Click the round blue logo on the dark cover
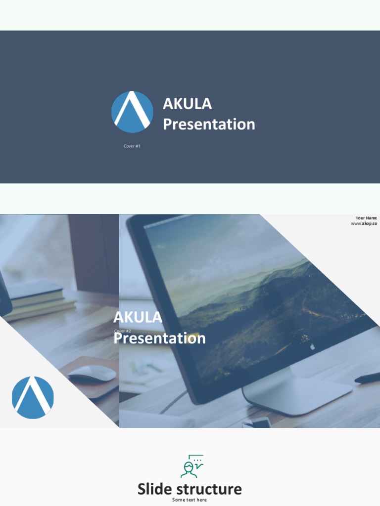click(x=132, y=112)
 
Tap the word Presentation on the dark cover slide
click(x=209, y=124)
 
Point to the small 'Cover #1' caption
click(x=132, y=146)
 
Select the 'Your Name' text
click(x=366, y=218)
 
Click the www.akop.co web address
click(x=364, y=224)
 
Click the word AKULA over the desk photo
click(x=138, y=317)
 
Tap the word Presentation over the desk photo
click(x=159, y=338)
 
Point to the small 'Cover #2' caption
click(x=122, y=331)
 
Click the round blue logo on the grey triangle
click(x=33, y=397)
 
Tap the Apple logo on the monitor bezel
click(x=312, y=347)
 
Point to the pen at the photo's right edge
click(x=367, y=379)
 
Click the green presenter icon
click(x=191, y=466)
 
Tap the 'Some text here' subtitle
click(x=190, y=500)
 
